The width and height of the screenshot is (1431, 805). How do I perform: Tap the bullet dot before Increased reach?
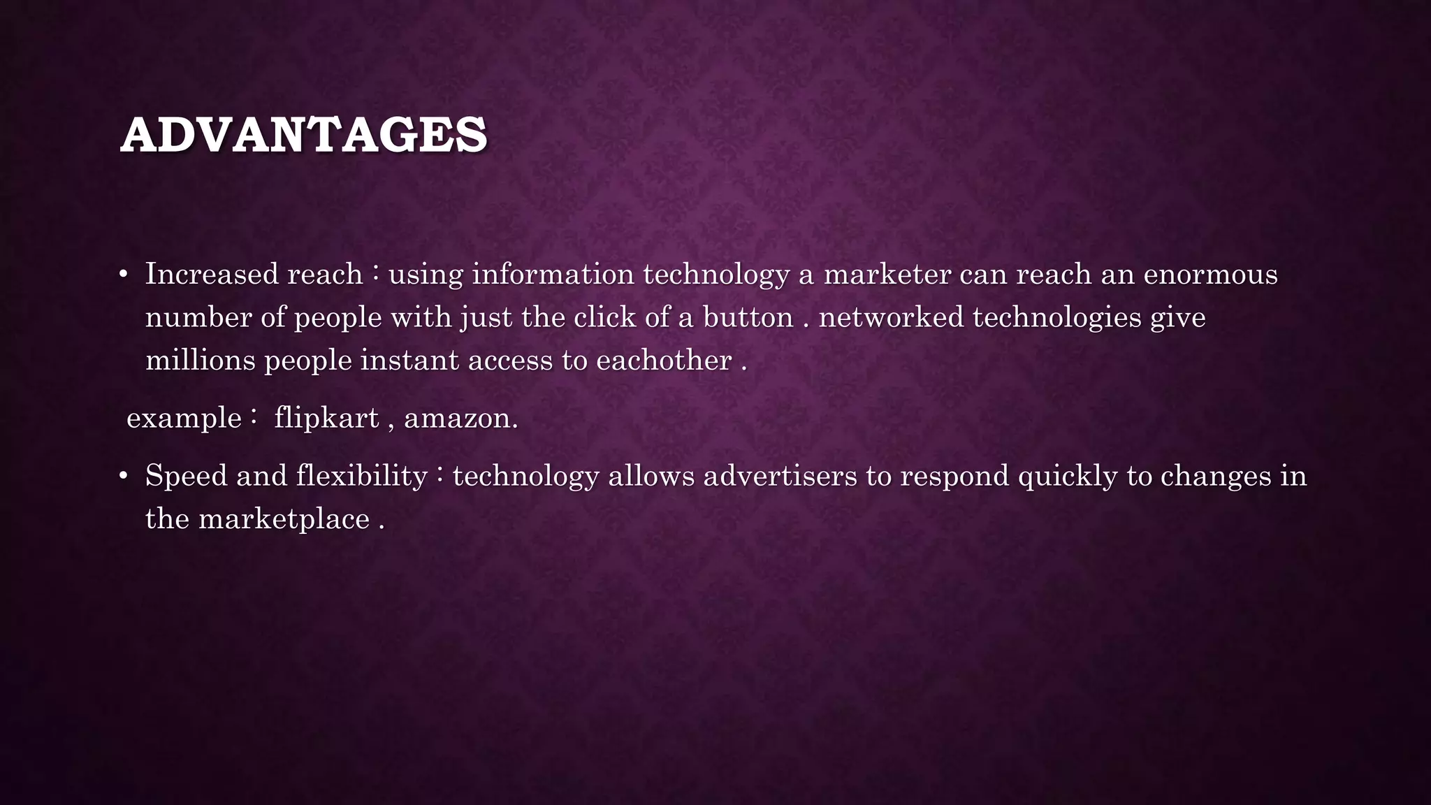(x=124, y=275)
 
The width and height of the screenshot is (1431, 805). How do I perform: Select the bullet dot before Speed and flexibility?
(x=124, y=477)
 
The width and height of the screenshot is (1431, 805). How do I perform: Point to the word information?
(x=553, y=274)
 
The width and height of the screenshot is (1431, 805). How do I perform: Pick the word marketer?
(x=887, y=274)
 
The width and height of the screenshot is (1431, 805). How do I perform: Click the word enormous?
(x=1210, y=274)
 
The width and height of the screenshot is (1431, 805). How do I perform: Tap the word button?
(x=748, y=318)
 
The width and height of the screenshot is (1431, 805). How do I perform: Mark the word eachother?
(x=664, y=361)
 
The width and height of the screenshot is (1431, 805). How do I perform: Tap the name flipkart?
(x=326, y=419)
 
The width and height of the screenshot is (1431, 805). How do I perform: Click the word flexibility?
(x=361, y=477)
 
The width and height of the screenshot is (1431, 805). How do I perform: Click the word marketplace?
(x=284, y=519)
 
